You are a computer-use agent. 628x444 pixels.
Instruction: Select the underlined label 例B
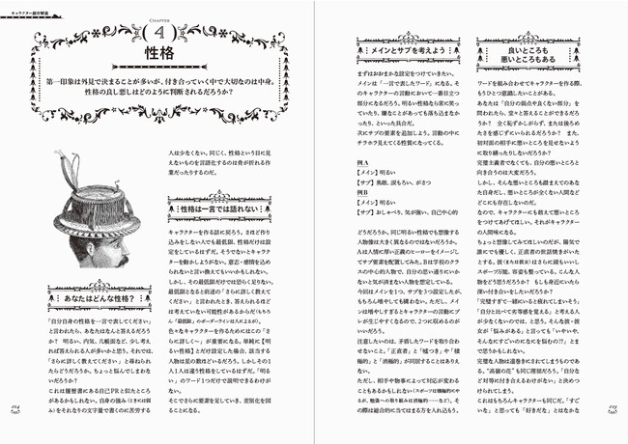pos(365,192)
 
